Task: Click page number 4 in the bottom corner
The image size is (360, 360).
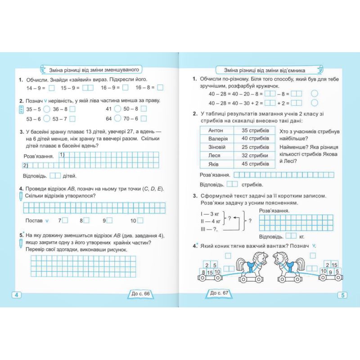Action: coord(17,295)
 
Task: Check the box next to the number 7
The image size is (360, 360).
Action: coord(65,220)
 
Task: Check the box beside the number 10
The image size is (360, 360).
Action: coord(140,220)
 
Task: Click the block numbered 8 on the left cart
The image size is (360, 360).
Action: coord(204,272)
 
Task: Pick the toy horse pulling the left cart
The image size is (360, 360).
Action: coord(250,267)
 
